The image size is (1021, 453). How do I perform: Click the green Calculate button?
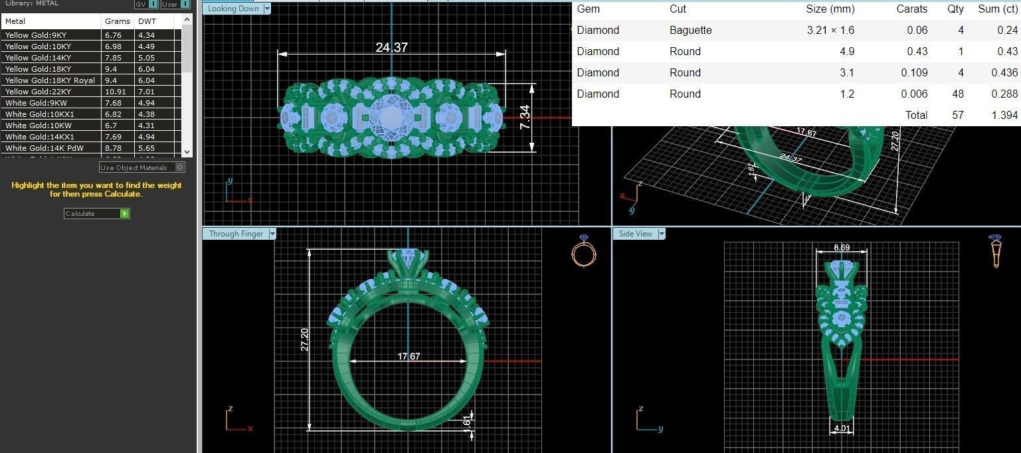(x=124, y=213)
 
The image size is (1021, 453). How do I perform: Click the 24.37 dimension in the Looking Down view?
(x=391, y=48)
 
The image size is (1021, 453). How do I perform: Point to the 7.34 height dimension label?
(x=525, y=118)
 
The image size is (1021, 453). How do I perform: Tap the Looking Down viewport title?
(x=233, y=9)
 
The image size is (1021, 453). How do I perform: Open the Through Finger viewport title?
(x=236, y=234)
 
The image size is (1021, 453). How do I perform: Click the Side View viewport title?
(x=635, y=234)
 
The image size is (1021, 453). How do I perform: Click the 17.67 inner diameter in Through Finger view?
(x=409, y=357)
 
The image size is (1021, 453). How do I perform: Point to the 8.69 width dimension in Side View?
(x=842, y=248)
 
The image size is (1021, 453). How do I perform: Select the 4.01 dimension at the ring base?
(x=842, y=428)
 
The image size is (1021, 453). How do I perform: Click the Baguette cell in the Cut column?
(x=690, y=30)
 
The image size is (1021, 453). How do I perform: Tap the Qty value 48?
(x=957, y=94)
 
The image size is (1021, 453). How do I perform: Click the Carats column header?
(x=911, y=9)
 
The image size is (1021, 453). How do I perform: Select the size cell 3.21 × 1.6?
(x=830, y=30)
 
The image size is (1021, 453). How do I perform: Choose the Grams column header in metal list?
(x=117, y=21)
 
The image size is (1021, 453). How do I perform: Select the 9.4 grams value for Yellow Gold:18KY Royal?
(x=110, y=80)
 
